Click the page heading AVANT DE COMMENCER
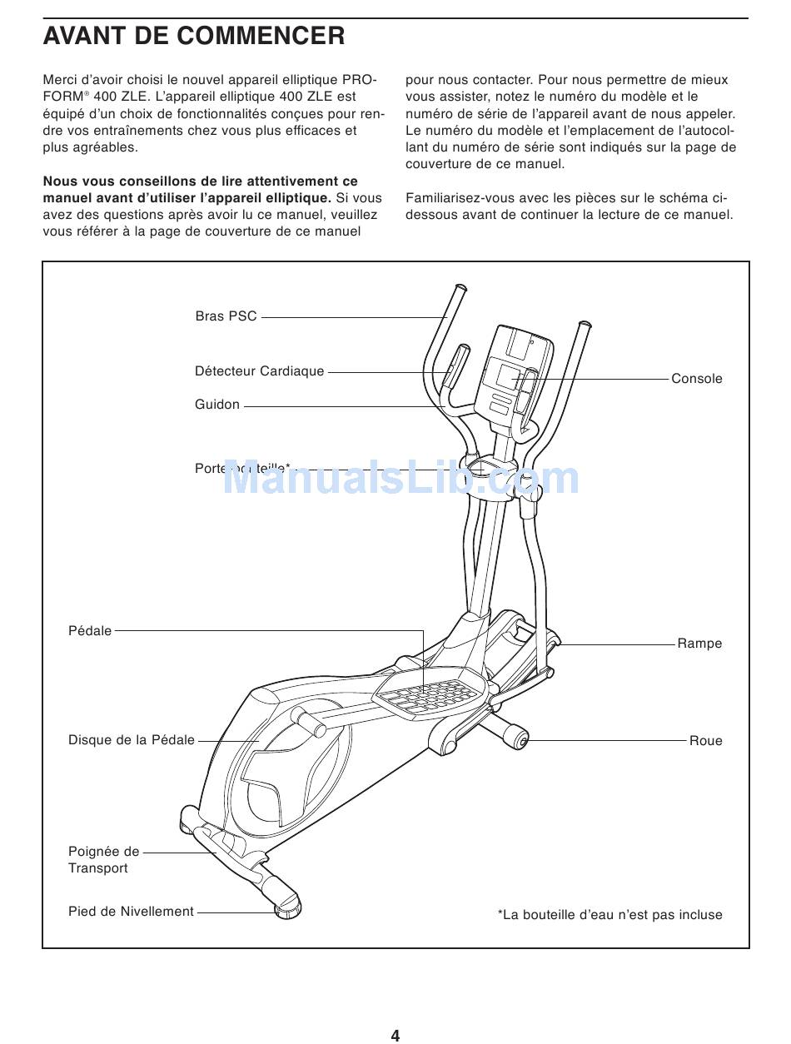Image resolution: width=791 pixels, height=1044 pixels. pos(193,36)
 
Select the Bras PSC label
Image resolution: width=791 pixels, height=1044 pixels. pos(226,316)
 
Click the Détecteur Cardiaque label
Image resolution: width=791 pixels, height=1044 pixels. pos(259,371)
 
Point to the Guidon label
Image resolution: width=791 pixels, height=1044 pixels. pos(217,405)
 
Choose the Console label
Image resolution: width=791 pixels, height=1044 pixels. pos(697,379)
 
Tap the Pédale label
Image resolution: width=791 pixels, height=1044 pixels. pos(90,631)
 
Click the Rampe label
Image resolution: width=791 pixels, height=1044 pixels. pos(699,644)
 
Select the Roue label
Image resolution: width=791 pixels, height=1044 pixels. pos(705,741)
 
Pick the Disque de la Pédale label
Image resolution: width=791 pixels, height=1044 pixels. pos(132,740)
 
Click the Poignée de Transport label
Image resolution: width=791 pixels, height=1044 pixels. pos(103,860)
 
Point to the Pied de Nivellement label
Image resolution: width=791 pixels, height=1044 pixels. pos(131,912)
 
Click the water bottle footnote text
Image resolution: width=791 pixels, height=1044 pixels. pos(609,915)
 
